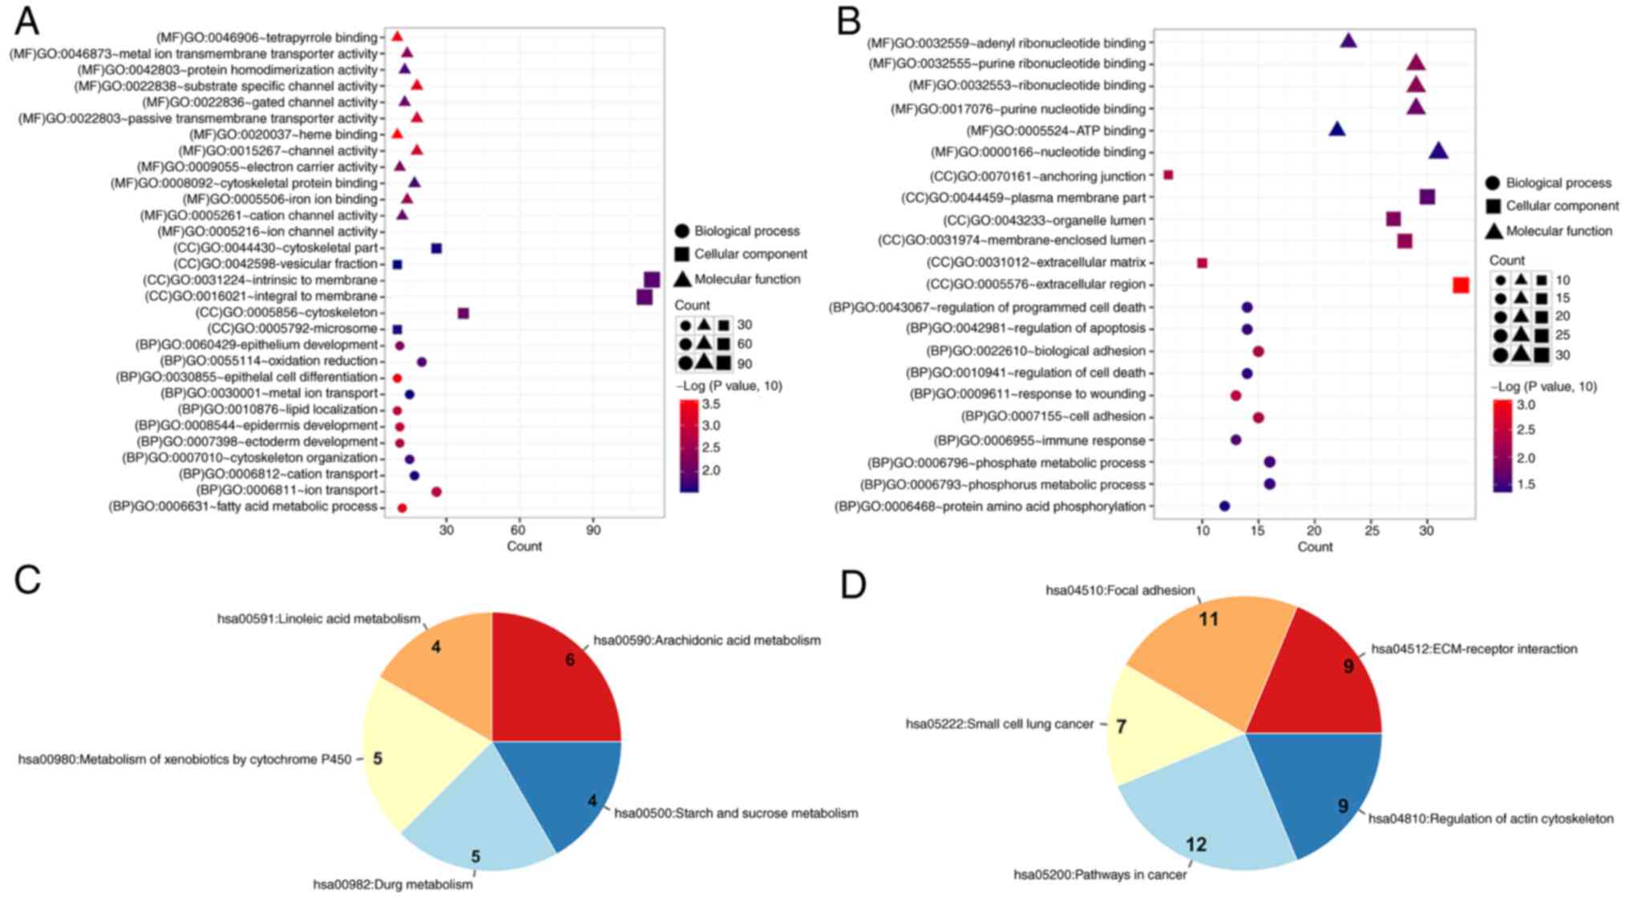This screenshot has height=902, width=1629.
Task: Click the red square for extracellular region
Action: (1461, 285)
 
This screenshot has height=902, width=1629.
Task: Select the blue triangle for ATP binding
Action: (1337, 129)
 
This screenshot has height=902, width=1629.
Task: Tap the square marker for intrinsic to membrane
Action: (652, 280)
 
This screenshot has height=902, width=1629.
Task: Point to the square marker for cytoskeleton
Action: (463, 313)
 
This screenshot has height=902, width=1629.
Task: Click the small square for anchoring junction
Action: (1168, 175)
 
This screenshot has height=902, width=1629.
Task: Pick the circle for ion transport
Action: (436, 491)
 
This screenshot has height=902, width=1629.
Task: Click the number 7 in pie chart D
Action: (1121, 726)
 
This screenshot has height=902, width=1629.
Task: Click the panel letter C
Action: (27, 579)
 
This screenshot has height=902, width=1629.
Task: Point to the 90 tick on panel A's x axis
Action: (593, 530)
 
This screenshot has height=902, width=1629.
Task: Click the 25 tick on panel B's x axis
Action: (1372, 530)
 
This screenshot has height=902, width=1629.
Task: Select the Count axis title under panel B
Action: (1315, 547)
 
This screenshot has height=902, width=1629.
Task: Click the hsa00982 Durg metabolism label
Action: (392, 884)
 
